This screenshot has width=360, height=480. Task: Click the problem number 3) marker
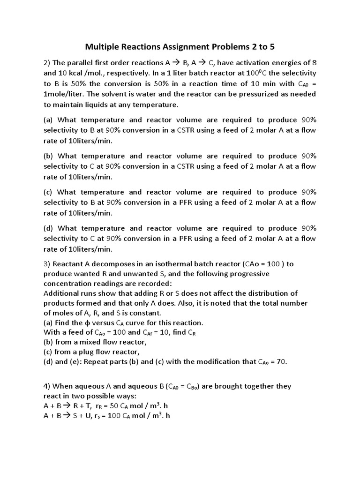(47, 263)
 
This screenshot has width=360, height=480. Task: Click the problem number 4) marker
(47, 386)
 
